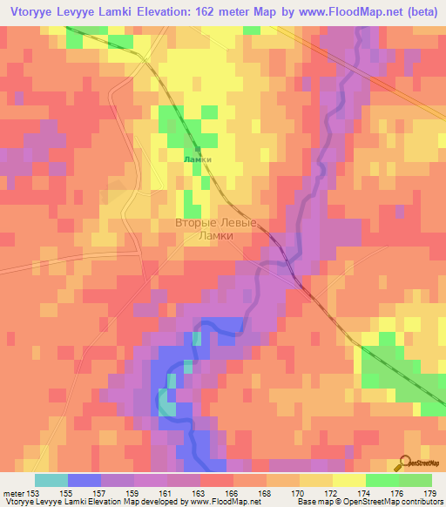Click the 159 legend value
point(135,493)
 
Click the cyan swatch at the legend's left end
point(51,480)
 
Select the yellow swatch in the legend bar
point(349,480)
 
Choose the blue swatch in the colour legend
point(84,480)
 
